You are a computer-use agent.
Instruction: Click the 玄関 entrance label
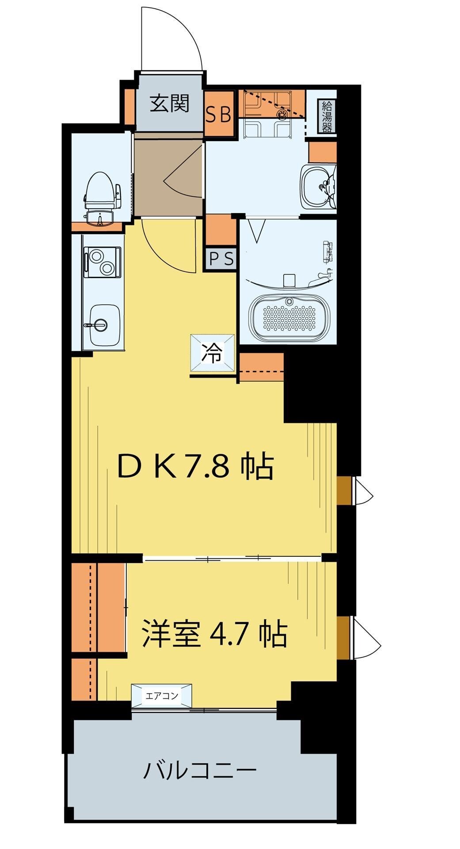(169, 103)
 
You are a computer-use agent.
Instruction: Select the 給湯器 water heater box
(327, 117)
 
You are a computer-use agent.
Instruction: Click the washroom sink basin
(317, 186)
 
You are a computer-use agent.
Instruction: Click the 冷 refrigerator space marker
(213, 354)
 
